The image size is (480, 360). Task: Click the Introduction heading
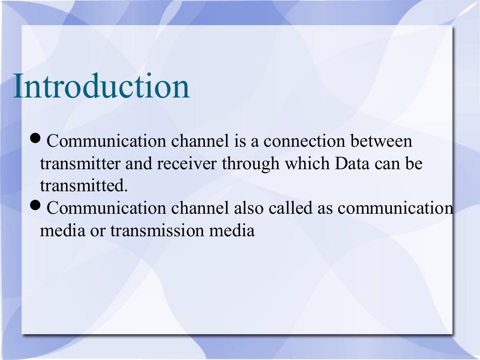point(101,86)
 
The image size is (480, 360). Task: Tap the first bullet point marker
point(36,139)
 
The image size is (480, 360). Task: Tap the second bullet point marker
point(36,205)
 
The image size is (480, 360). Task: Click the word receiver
point(188,164)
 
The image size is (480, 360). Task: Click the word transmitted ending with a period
point(83,186)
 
